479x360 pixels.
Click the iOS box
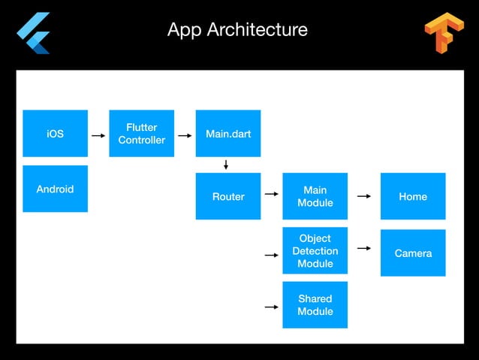(55, 134)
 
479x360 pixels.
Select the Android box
(55, 189)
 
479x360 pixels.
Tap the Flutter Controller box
(141, 134)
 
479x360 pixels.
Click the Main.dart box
(228, 134)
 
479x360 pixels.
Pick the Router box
(228, 196)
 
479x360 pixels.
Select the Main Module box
(315, 196)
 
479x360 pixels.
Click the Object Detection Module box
(315, 251)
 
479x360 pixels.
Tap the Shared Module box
(315, 305)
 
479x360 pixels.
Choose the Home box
(413, 196)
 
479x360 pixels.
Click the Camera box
(413, 253)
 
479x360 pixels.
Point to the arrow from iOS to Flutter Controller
(98, 136)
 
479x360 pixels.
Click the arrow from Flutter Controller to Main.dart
(185, 136)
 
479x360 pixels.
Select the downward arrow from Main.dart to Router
(226, 165)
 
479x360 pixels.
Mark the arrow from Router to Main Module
(271, 196)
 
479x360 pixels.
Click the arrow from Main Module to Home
(364, 196)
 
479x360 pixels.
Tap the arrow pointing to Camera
(364, 247)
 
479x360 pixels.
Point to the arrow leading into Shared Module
(271, 307)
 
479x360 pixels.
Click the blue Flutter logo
(34, 33)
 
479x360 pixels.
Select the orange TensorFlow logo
(444, 33)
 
